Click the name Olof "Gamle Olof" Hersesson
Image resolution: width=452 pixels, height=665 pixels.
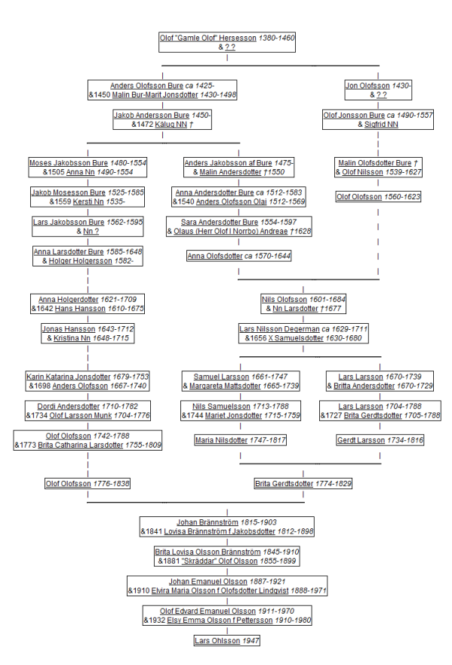click(208, 38)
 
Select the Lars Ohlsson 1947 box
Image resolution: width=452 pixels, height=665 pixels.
click(227, 640)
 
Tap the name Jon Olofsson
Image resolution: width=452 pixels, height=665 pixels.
click(367, 85)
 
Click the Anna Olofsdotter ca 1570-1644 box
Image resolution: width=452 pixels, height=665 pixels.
click(239, 256)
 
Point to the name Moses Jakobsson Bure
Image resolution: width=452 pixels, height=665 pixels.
click(69, 163)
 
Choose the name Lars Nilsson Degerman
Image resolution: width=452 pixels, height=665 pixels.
click(279, 329)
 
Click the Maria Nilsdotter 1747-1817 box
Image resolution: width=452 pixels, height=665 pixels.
click(241, 440)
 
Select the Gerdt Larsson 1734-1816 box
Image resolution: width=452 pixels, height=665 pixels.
click(380, 440)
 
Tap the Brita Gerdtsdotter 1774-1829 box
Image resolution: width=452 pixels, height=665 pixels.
click(303, 484)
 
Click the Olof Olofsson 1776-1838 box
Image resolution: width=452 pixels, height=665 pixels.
click(88, 484)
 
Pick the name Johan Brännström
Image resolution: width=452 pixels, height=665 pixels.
click(208, 522)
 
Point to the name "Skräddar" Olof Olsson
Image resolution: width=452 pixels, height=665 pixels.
click(220, 561)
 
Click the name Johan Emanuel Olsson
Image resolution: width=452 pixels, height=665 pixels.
click(208, 582)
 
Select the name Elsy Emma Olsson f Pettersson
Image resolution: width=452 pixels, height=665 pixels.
click(220, 620)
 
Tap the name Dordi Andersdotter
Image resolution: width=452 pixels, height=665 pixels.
click(68, 406)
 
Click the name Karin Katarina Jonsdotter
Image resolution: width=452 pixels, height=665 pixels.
click(68, 377)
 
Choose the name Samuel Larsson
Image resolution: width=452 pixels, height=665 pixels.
click(221, 377)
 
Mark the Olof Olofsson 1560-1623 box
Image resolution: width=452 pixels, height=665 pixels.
click(378, 197)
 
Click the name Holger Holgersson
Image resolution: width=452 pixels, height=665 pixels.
click(81, 261)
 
